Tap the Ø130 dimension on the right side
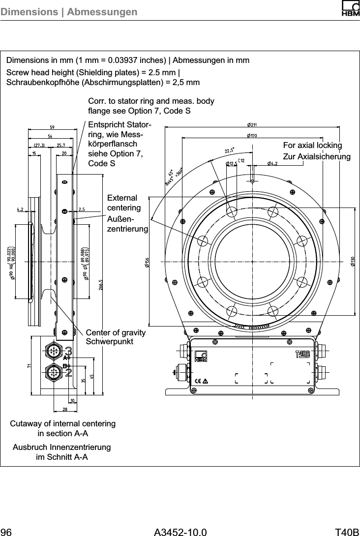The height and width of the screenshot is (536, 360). pyautogui.click(x=353, y=261)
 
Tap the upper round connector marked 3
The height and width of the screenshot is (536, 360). pyautogui.click(x=53, y=351)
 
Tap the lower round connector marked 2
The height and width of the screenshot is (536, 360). pyautogui.click(x=53, y=372)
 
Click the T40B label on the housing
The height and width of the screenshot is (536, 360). pyautogui.click(x=302, y=354)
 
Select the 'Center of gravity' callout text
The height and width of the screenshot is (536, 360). pyautogui.click(x=116, y=333)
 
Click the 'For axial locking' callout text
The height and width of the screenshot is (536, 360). pyautogui.click(x=312, y=145)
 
